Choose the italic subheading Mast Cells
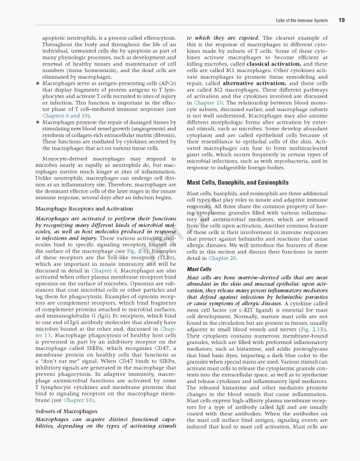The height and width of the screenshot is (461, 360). tap(199, 270)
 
